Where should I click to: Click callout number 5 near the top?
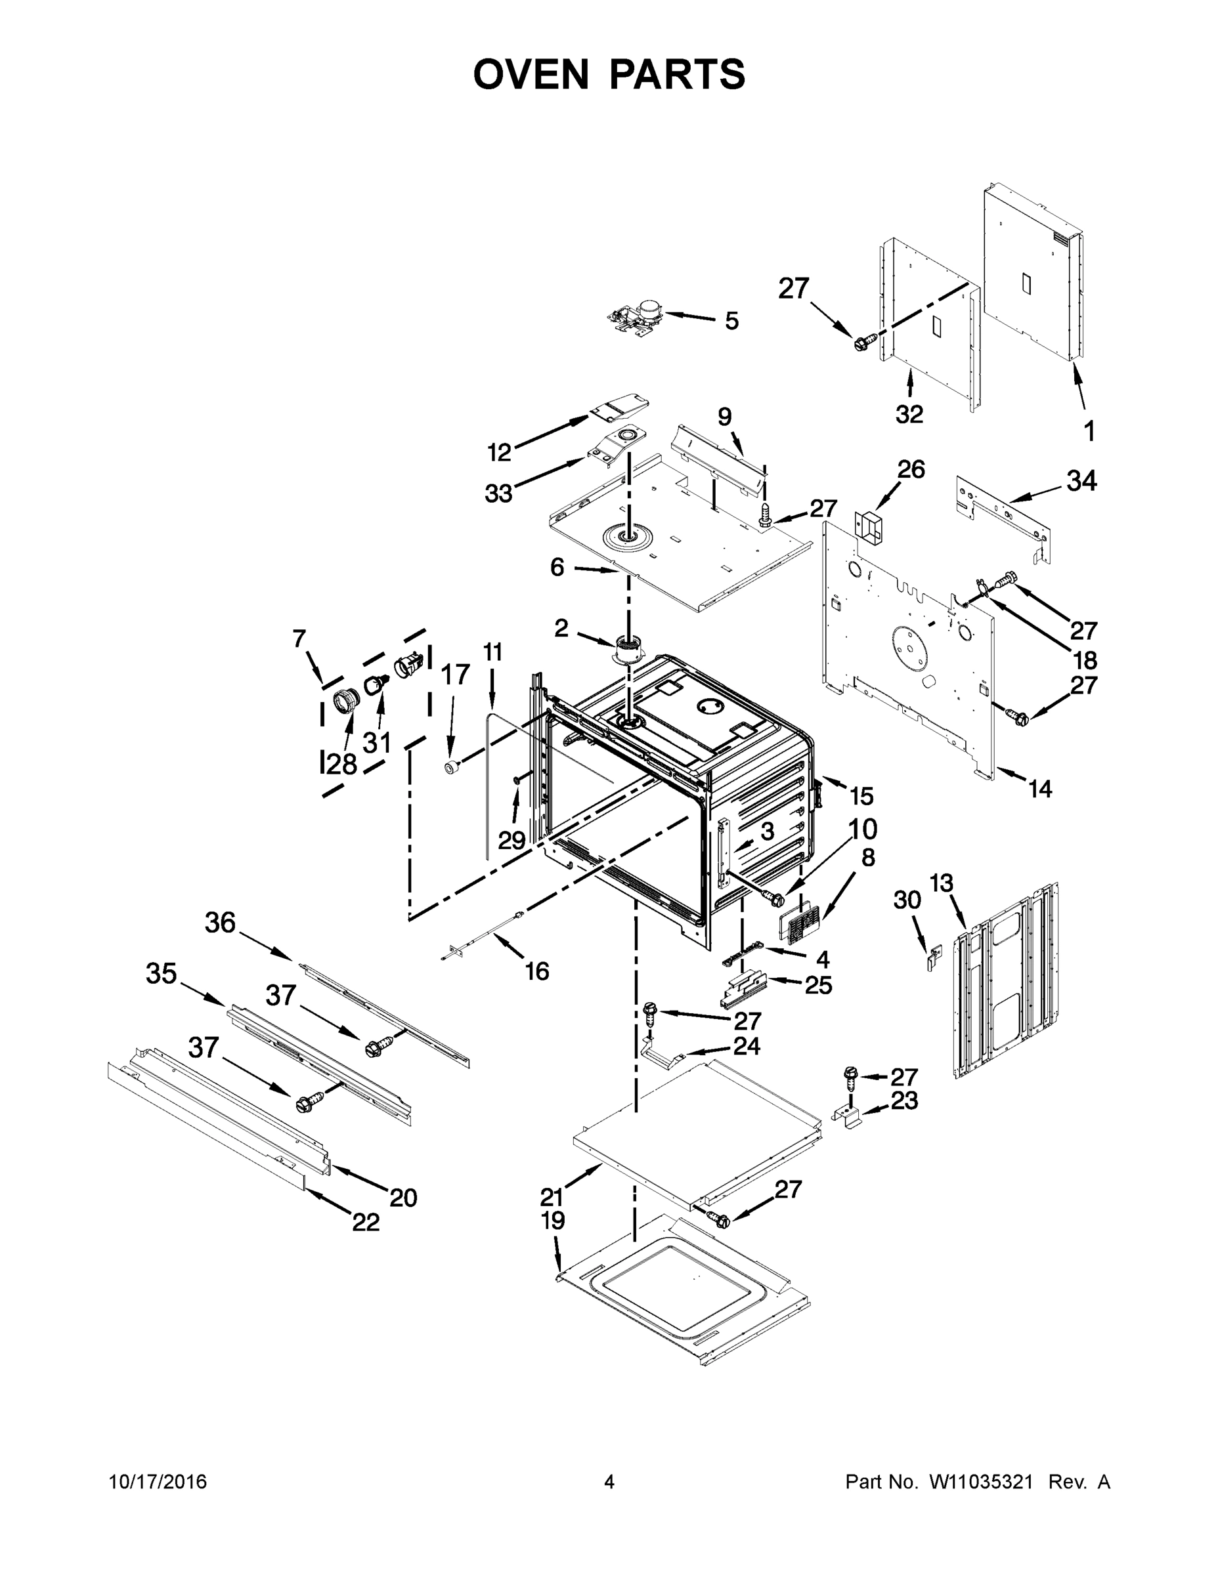coord(731,321)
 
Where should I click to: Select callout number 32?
coord(909,414)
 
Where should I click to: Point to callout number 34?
coord(1081,481)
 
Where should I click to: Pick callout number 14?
coord(1040,789)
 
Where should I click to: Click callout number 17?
coord(455,674)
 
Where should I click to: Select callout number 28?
coord(342,765)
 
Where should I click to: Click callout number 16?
coord(537,971)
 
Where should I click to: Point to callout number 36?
coord(220,922)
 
